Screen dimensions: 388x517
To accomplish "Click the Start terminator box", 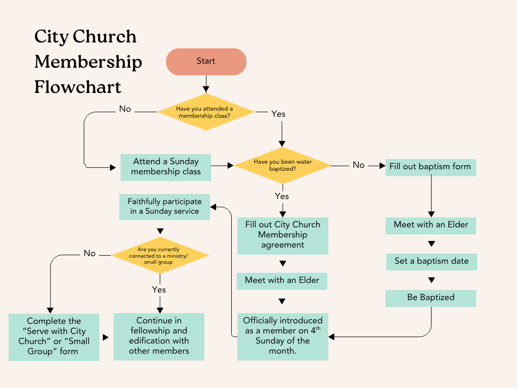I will pyautogui.click(x=206, y=62).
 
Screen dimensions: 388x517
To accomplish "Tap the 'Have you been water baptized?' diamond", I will pyautogui.click(x=282, y=165).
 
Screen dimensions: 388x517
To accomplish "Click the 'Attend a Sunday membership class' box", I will pyautogui.click(x=166, y=167).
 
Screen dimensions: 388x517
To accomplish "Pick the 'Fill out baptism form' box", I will pyautogui.click(x=430, y=167).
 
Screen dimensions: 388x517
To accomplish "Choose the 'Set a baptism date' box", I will pyautogui.click(x=431, y=261).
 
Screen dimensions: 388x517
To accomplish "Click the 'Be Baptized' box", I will pyautogui.click(x=431, y=298).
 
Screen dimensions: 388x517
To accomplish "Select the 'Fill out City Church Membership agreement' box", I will pyautogui.click(x=282, y=235).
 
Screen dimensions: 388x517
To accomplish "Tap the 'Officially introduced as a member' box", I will pyautogui.click(x=282, y=335).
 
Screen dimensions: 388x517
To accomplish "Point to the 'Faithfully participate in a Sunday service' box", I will pyautogui.click(x=164, y=206).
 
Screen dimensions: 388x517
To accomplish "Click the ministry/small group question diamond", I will pyautogui.click(x=160, y=255).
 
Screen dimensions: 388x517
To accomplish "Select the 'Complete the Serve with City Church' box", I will pyautogui.click(x=54, y=336).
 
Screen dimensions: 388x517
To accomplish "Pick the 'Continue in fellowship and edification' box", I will pyautogui.click(x=159, y=336).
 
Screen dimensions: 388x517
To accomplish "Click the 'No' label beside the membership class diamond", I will pyautogui.click(x=125, y=109).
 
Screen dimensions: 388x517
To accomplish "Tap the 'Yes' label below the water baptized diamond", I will pyautogui.click(x=282, y=196).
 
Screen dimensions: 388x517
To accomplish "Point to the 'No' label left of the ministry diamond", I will pyautogui.click(x=89, y=254).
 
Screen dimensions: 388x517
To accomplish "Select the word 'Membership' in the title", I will pyautogui.click(x=88, y=62).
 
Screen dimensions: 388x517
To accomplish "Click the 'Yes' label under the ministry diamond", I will pyautogui.click(x=159, y=290).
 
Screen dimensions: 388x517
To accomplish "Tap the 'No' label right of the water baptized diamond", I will pyautogui.click(x=358, y=165).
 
